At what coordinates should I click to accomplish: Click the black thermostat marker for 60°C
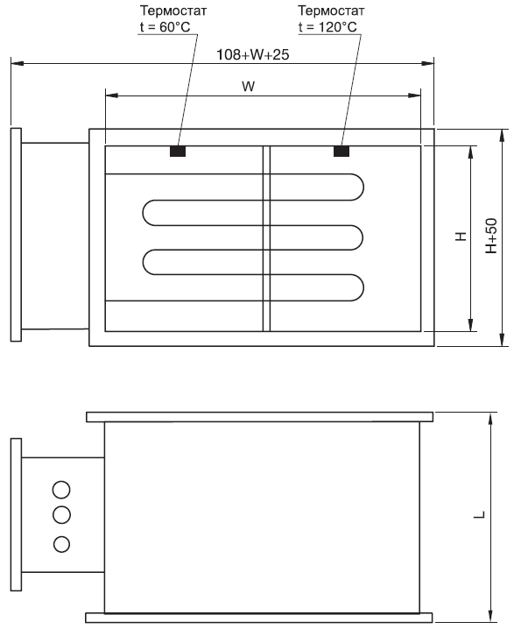click(x=178, y=152)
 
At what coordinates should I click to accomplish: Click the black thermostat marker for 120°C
click(x=341, y=152)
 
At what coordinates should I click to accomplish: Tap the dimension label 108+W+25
click(x=252, y=54)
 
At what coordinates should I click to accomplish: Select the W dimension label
click(x=249, y=86)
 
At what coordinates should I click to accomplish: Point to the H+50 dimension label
click(x=491, y=236)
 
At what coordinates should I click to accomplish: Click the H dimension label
click(x=461, y=237)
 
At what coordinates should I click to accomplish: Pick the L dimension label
click(x=480, y=514)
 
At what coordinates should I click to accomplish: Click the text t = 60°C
click(x=165, y=27)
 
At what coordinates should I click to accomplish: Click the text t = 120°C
click(x=327, y=27)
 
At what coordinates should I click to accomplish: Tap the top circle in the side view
click(x=61, y=490)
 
